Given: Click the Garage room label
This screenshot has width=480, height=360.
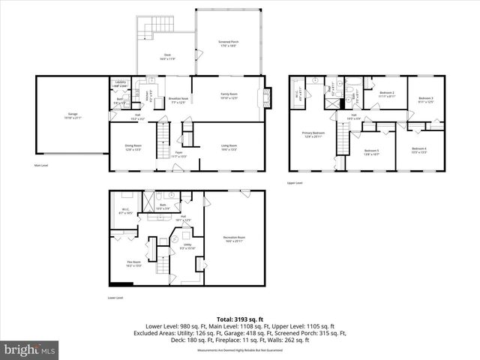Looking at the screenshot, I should click(x=67, y=115).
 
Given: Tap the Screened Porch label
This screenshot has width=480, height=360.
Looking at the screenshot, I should click(x=229, y=43).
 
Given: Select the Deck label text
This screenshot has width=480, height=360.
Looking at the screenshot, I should click(x=168, y=56).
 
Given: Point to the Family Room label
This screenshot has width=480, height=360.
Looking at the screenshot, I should click(x=229, y=96).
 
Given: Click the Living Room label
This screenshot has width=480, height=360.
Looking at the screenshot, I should click(x=229, y=147).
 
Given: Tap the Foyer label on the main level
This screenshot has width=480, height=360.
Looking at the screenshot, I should click(x=179, y=154).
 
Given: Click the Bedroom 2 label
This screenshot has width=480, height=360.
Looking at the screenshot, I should click(x=387, y=94).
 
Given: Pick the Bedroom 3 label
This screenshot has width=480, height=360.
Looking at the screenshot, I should click(x=426, y=100).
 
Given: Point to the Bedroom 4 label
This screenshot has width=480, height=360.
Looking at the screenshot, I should click(x=418, y=150).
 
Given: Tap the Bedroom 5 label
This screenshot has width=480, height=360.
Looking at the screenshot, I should click(x=372, y=152).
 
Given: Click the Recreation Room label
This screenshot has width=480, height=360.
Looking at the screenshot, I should click(x=234, y=240).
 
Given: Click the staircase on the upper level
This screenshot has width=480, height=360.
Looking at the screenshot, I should click(x=343, y=141).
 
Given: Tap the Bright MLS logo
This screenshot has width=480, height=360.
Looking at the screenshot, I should click(x=30, y=349).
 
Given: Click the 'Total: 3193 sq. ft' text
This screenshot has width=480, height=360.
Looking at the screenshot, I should click(x=240, y=319).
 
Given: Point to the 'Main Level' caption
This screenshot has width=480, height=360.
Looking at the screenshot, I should click(x=42, y=165).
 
